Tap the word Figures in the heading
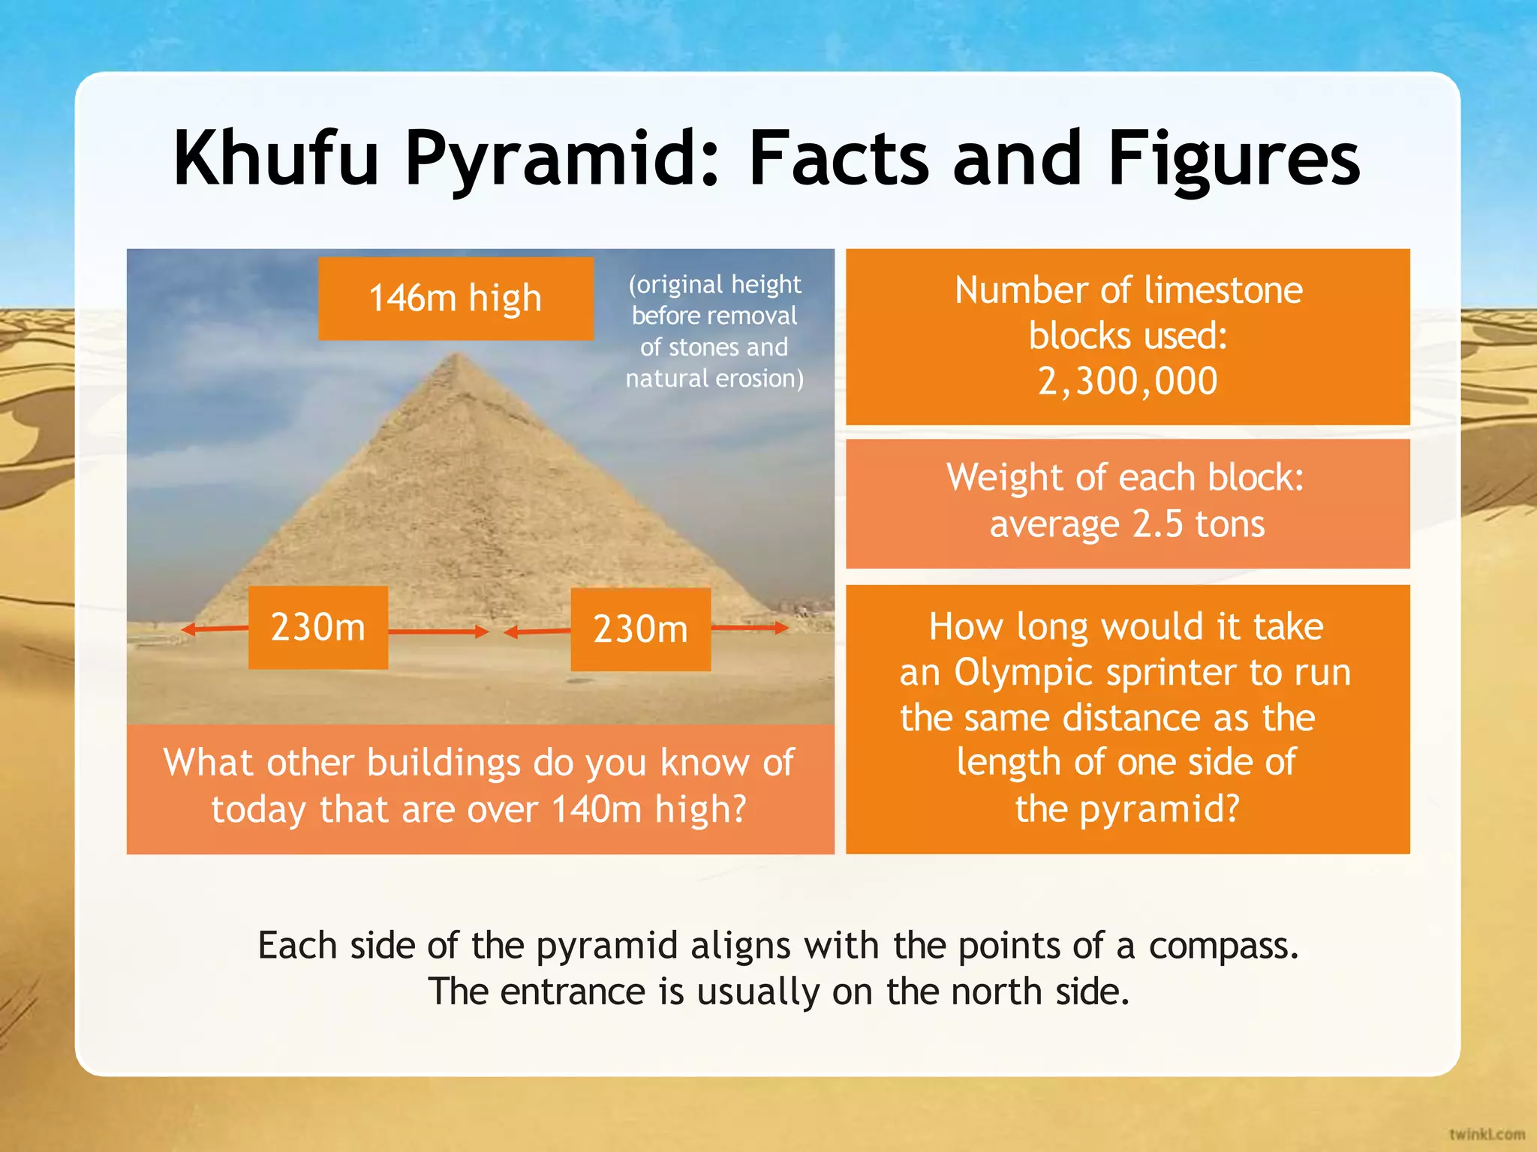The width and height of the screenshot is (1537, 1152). point(1233,159)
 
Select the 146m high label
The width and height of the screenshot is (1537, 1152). point(456,298)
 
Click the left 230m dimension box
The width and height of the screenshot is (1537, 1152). point(318,627)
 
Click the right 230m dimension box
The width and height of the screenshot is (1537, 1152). point(640,628)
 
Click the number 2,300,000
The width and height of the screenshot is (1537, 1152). point(1127,381)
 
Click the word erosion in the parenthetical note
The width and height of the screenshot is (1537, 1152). point(759,379)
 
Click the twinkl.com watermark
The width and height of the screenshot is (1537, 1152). point(1487,1133)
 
